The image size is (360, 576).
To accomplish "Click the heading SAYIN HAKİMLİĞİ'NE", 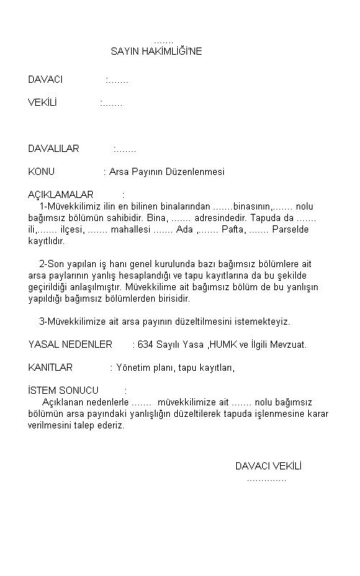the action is point(156,52).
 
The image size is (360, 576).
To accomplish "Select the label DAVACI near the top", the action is point(45,79).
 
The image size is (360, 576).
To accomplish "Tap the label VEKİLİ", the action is point(42,103).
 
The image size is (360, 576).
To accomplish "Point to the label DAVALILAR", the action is point(53,149).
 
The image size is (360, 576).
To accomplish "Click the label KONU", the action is point(41,172).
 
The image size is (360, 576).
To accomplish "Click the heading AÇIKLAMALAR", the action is point(61,195).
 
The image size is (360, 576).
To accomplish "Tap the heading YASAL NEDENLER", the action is point(70,344).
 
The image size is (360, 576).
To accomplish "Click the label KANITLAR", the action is point(50,367).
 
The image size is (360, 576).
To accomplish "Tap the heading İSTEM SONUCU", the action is point(63,390).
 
